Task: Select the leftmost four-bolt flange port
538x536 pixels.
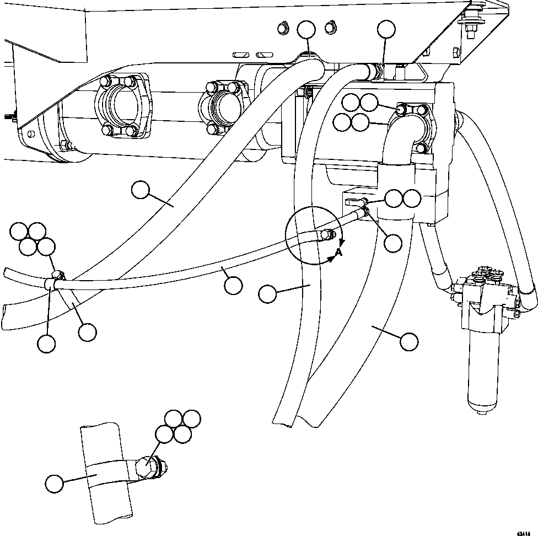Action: [x=122, y=105]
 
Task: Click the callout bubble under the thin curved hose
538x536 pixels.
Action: [x=233, y=285]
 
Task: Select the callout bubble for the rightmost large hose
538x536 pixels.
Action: [x=408, y=342]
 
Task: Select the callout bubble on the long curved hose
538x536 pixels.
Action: [x=141, y=191]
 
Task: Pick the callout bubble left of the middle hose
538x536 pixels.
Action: [x=267, y=294]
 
